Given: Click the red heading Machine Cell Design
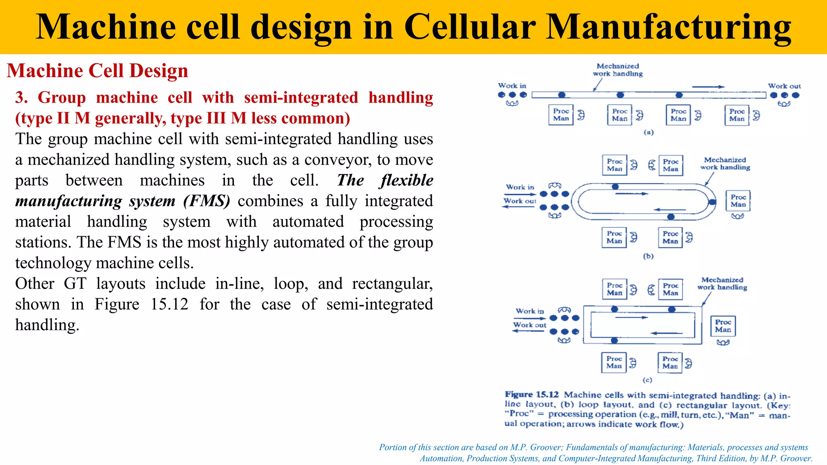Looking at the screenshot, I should [x=97, y=71].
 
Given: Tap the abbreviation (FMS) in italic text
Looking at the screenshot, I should [x=206, y=201].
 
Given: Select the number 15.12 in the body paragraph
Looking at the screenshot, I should [x=169, y=304].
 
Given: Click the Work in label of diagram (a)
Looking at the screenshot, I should [x=512, y=86].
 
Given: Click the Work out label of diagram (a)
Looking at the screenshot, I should [x=784, y=86].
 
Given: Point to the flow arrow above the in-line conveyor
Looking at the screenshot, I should [x=708, y=87].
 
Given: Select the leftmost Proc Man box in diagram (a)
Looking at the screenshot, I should [x=561, y=115].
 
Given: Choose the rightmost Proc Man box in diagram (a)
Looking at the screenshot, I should [x=737, y=115].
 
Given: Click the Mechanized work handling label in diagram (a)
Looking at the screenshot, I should [x=617, y=70].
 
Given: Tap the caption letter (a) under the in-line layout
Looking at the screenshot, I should [x=648, y=132].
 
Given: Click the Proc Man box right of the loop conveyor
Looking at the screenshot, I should [x=738, y=201].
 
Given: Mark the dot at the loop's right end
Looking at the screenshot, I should [x=712, y=202].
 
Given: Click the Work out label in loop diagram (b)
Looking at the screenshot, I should [x=519, y=201].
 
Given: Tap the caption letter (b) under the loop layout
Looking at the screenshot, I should [x=648, y=256].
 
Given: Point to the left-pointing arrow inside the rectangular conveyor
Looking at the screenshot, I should [x=667, y=333].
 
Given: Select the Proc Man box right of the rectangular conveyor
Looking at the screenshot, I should [x=723, y=326].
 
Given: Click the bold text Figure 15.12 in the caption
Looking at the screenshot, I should [x=531, y=394].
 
